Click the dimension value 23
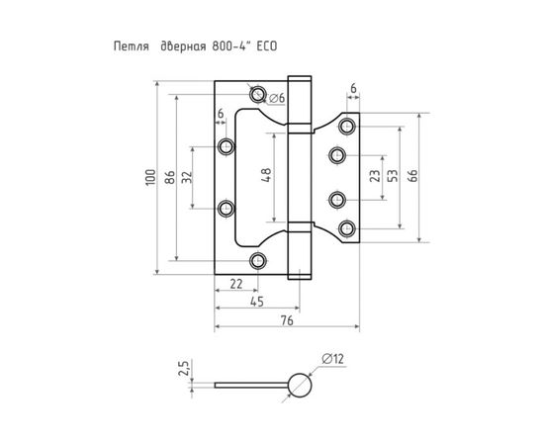[375, 178]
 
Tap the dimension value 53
[394, 178]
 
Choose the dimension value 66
[412, 178]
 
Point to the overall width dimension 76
[285, 320]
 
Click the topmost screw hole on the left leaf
[258, 96]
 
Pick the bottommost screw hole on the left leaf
[259, 260]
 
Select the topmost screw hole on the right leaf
[346, 126]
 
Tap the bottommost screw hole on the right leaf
[346, 229]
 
